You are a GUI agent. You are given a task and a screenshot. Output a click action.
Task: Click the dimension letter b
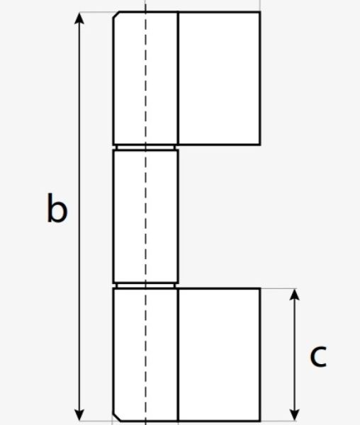coord(57,208)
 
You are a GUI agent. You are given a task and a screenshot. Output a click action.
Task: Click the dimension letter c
coord(318,356)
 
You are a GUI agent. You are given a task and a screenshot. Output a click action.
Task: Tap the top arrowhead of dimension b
coord(79,18)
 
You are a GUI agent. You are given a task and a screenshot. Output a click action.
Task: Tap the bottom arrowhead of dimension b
coord(79,415)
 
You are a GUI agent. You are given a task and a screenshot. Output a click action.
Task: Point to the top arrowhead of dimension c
coord(294,295)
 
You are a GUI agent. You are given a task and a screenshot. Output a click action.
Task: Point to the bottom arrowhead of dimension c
coord(294,415)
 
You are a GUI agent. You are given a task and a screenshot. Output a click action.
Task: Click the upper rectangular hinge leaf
coord(219,79)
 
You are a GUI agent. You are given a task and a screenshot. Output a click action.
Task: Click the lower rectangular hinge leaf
coord(219,355)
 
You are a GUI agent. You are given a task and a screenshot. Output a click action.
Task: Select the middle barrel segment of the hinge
coord(145,217)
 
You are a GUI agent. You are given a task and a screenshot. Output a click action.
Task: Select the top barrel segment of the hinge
coord(145,79)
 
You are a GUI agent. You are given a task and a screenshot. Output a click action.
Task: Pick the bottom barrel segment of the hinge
coord(145,355)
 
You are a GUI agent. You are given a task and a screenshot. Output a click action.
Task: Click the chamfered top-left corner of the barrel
coord(116,15)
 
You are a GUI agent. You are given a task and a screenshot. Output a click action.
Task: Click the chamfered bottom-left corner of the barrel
coord(116,418)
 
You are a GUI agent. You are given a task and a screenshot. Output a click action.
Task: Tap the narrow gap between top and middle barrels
coord(145,148)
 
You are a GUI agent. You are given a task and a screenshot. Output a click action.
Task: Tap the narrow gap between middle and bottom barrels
coord(145,285)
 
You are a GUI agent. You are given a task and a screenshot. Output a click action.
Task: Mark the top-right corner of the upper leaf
coord(261,12)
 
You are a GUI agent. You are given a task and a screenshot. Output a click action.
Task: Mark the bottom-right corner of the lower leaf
coord(261,421)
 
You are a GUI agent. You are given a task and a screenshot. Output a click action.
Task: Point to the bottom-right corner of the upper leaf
coord(261,145)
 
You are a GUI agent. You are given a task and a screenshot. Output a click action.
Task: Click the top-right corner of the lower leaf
coord(261,289)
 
